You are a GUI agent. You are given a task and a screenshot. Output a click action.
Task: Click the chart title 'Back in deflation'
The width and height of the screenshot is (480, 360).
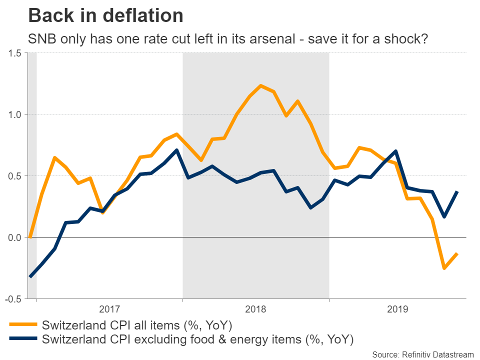pos(105,16)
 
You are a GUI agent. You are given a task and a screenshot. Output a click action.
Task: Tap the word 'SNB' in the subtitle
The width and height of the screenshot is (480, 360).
pos(41,39)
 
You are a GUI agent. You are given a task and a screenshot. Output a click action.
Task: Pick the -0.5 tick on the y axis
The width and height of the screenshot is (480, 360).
pos(15,299)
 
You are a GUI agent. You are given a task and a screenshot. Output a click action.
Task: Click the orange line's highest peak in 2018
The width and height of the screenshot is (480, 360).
pos(261,85)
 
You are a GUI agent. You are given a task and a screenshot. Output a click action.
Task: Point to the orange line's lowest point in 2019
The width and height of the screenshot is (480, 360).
pos(444,268)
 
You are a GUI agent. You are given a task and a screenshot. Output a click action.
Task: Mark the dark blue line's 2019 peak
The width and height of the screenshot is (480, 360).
pos(396,151)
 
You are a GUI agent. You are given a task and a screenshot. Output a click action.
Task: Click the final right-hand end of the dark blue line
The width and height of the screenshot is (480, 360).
pos(457,192)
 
